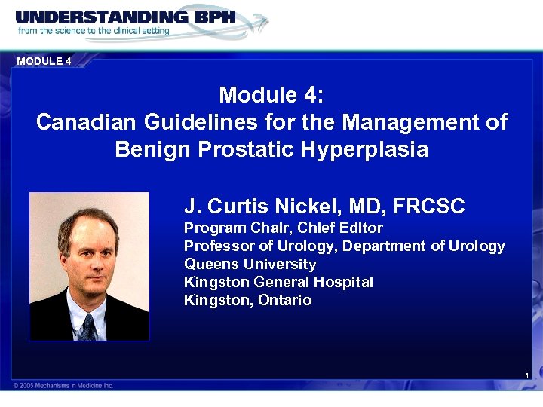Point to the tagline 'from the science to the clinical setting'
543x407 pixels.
coord(94,31)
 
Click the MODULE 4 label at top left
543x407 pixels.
coord(44,61)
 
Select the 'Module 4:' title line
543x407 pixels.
coord(271,95)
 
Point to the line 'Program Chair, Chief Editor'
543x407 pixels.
coord(284,228)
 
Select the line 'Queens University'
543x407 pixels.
coord(250,264)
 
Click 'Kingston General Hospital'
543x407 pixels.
coord(278,282)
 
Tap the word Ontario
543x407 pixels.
coord(284,300)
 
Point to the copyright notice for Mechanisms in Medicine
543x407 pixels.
coord(63,385)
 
